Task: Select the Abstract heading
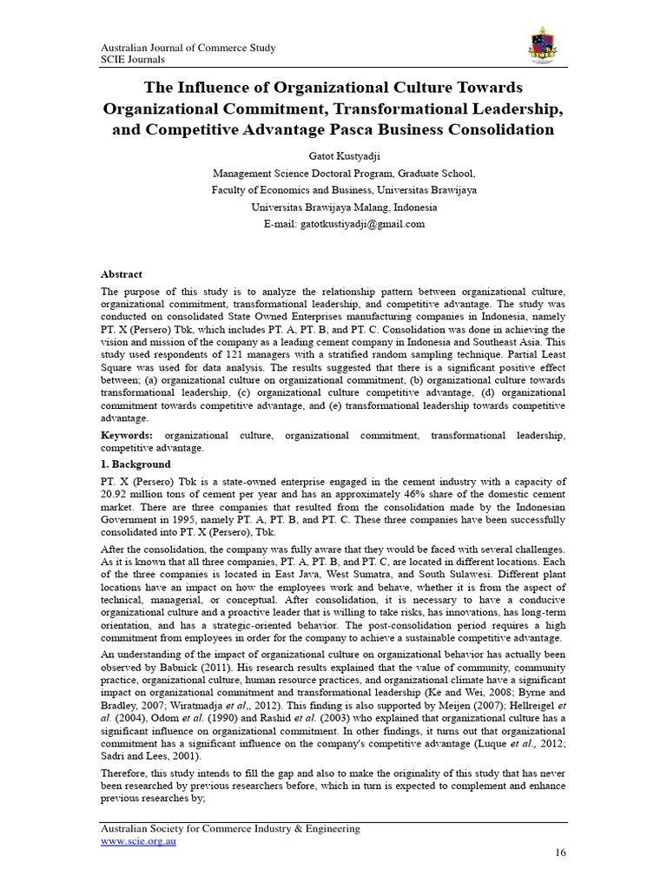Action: tap(122, 273)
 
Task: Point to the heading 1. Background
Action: tap(135, 464)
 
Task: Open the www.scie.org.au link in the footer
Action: tap(139, 842)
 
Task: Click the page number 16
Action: tap(560, 853)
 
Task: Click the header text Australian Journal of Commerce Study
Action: tap(188, 48)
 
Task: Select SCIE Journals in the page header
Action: tap(133, 59)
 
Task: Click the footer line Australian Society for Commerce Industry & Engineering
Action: tap(230, 829)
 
